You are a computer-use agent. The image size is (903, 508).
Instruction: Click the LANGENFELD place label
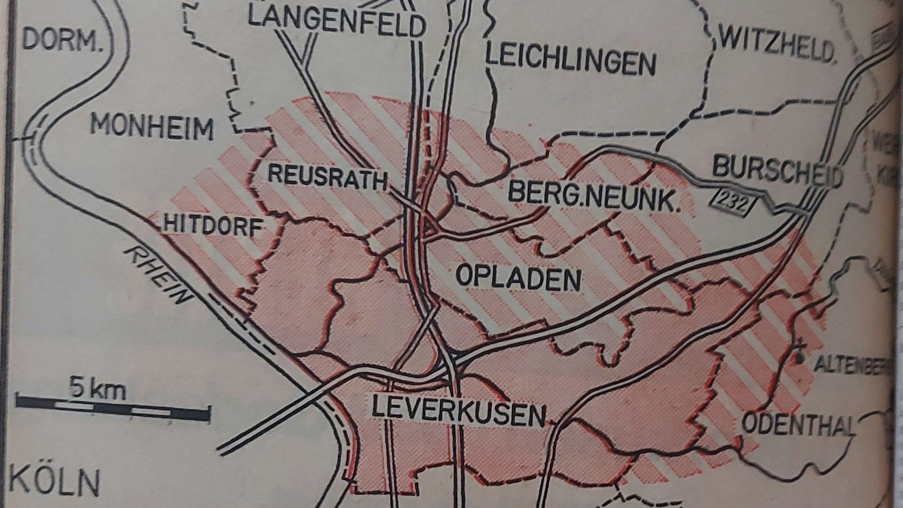(337, 23)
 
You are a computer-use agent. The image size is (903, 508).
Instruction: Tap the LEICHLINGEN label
(570, 61)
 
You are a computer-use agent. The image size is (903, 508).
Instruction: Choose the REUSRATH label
(328, 177)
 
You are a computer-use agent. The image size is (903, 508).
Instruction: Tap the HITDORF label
(212, 225)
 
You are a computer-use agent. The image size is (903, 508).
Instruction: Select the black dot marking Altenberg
(800, 358)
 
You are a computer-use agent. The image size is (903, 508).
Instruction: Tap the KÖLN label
(54, 482)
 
